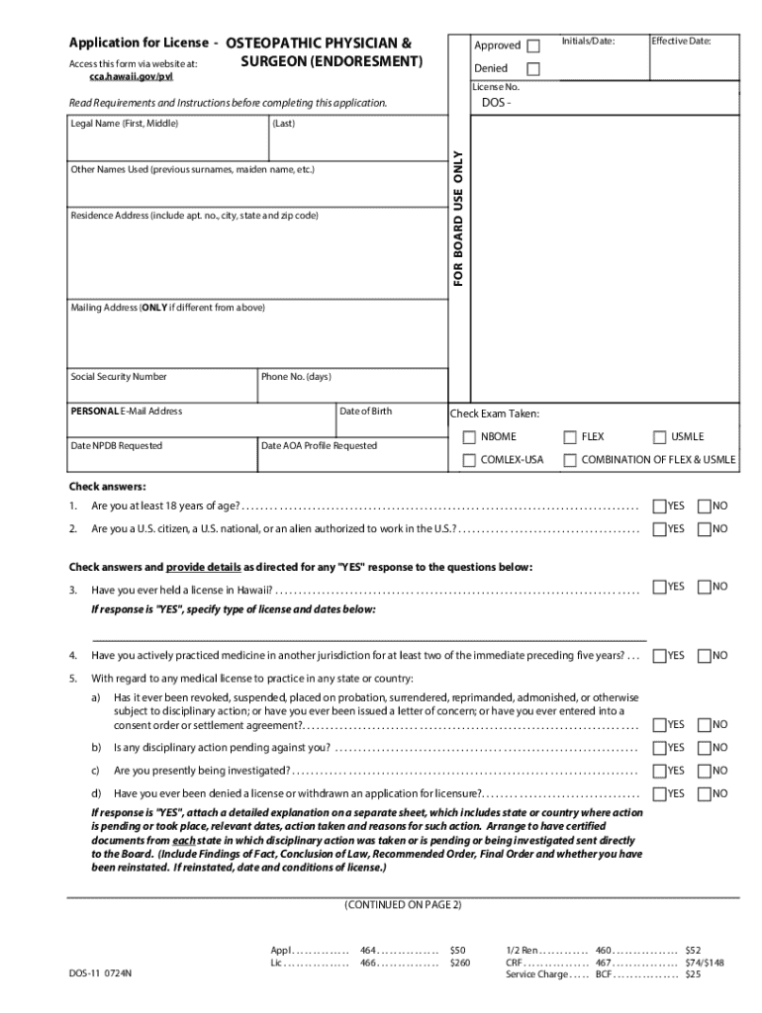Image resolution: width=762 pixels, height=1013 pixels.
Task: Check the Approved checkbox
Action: [x=534, y=46]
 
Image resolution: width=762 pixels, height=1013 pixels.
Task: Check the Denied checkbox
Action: [x=534, y=69]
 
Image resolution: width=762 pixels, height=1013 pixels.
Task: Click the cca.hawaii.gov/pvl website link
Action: [x=131, y=76]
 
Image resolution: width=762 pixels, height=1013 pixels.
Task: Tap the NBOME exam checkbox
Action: [x=470, y=437]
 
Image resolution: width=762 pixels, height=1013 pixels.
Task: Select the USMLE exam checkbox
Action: [x=660, y=437]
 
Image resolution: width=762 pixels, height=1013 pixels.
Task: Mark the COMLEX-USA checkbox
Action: [x=470, y=460]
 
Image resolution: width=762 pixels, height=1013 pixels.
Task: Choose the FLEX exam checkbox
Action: [x=570, y=437]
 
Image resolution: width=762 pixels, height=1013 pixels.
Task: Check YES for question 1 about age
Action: [x=660, y=506]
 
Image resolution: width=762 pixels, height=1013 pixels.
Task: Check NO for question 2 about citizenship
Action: [x=705, y=529]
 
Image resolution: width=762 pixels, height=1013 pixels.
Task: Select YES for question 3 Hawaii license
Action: [x=660, y=588]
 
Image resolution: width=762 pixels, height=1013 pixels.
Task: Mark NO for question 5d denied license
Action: [x=705, y=793]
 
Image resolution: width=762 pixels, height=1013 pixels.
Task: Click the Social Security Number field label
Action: [x=119, y=377]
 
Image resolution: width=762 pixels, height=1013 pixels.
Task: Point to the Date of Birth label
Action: [x=365, y=412]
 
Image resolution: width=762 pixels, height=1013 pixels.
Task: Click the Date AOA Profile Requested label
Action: [x=319, y=446]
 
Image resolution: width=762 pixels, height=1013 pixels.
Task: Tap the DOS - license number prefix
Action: [x=496, y=104]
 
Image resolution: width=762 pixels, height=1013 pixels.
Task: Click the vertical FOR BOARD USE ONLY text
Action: [x=458, y=218]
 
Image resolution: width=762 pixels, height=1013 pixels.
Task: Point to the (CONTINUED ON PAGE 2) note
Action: [x=403, y=905]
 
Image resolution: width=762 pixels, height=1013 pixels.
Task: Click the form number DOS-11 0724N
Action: [x=100, y=974]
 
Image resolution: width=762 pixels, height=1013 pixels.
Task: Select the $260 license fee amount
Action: [x=460, y=963]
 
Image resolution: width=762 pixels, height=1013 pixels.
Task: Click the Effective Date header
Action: [x=681, y=42]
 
